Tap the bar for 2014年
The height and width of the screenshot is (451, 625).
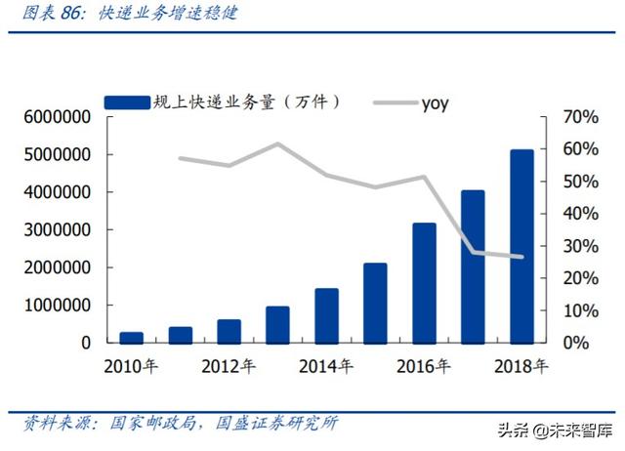tap(326, 315)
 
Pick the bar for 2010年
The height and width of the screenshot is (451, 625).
tap(131, 337)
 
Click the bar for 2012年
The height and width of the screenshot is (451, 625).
tap(229, 331)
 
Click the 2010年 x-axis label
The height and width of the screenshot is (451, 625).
tap(131, 367)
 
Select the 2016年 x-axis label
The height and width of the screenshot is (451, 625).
tap(424, 367)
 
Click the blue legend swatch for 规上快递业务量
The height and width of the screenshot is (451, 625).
tap(127, 101)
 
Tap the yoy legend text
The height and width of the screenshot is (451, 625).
tap(435, 102)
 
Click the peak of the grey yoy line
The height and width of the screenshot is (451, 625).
tap(277, 144)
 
